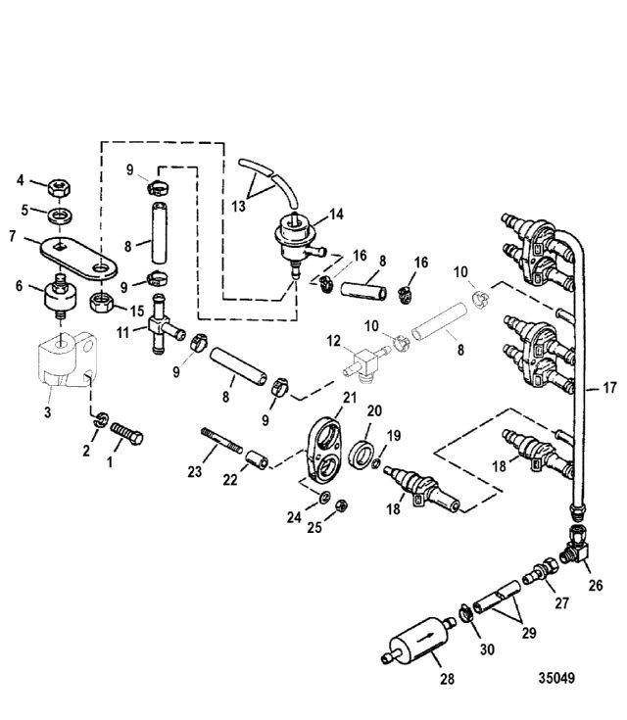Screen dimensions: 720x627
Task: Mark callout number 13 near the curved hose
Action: pos(236,207)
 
